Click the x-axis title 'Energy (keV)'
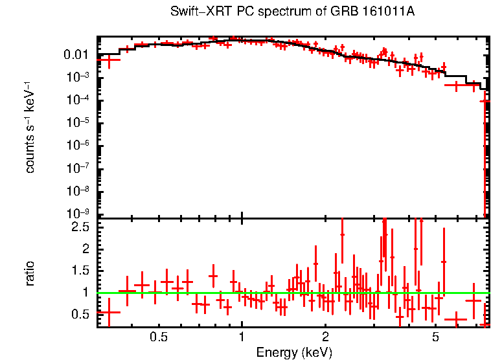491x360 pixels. pyautogui.click(x=294, y=352)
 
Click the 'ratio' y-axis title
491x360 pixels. pyautogui.click(x=30, y=273)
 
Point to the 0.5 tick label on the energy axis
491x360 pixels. pyautogui.click(x=159, y=337)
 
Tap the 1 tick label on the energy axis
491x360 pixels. pyautogui.click(x=242, y=337)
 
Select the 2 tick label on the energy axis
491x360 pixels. pyautogui.click(x=325, y=337)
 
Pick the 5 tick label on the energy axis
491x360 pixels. pyautogui.click(x=435, y=337)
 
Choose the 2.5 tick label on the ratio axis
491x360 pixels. pyautogui.click(x=82, y=227)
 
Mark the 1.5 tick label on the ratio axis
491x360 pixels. pyautogui.click(x=82, y=271)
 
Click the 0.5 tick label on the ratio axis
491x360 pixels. pyautogui.click(x=82, y=314)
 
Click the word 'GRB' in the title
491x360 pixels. pyautogui.click(x=347, y=12)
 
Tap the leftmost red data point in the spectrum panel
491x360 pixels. pyautogui.click(x=109, y=60)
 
